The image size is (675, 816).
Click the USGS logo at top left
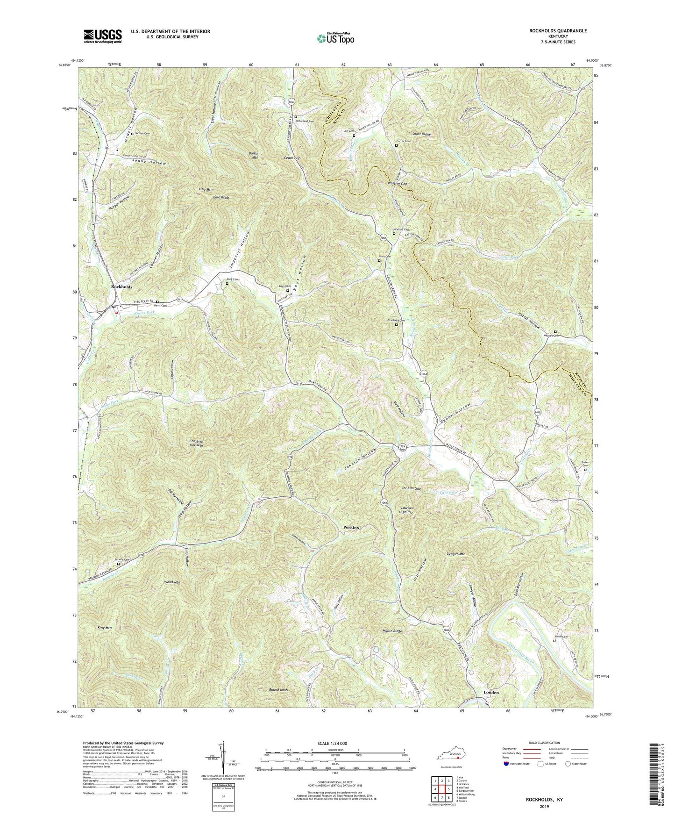(102, 36)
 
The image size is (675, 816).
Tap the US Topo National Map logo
(334, 38)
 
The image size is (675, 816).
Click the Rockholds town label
(121, 286)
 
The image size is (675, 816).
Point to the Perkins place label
(351, 527)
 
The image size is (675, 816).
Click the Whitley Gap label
(397, 184)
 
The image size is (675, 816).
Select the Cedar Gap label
(291, 158)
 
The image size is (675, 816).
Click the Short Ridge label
(421, 134)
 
